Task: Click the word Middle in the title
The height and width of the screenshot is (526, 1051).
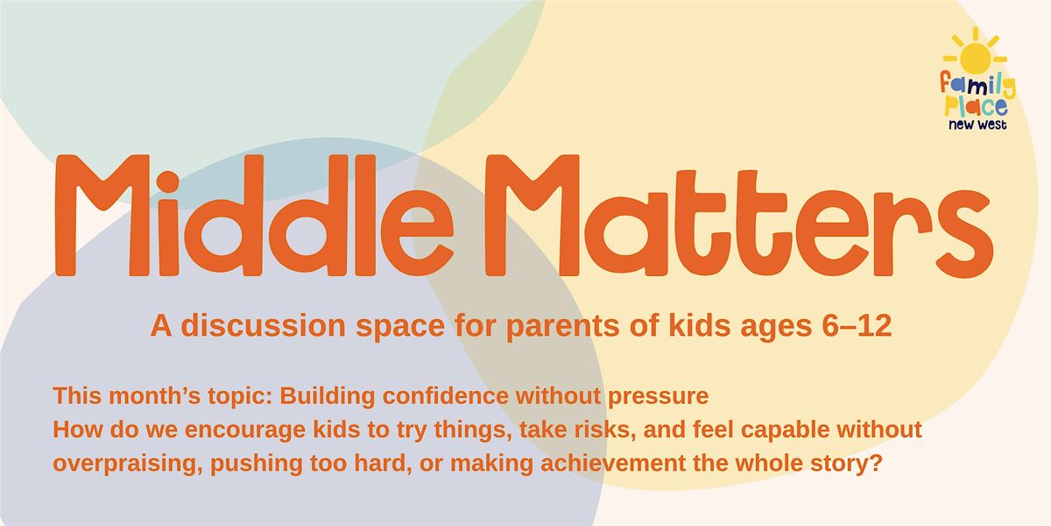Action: click(x=254, y=215)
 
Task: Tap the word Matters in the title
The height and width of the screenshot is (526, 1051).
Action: click(x=739, y=215)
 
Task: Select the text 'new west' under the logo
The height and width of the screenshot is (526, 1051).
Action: click(x=977, y=124)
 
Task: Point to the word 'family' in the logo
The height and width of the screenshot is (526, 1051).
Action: click(x=977, y=86)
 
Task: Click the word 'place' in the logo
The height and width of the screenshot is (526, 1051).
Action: click(x=976, y=106)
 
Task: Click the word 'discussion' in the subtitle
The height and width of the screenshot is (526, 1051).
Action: click(x=264, y=325)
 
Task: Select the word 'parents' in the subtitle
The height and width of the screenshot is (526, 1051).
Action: click(x=562, y=327)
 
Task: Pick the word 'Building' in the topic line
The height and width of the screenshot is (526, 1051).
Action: click(x=327, y=396)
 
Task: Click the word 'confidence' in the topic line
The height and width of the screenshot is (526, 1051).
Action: click(x=445, y=396)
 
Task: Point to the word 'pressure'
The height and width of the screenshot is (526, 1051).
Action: click(x=659, y=397)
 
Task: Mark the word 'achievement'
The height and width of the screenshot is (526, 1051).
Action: click(x=613, y=464)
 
